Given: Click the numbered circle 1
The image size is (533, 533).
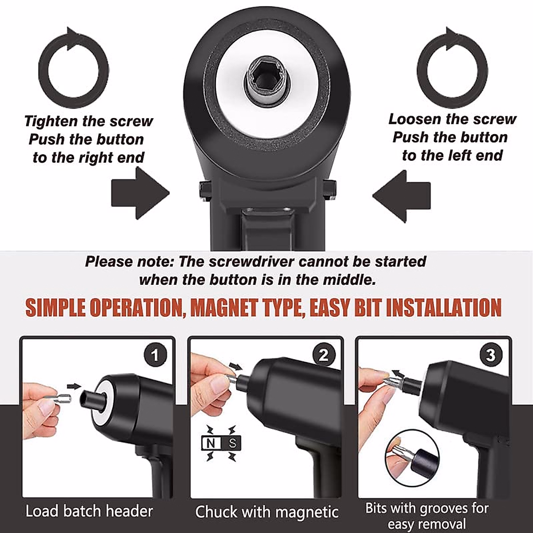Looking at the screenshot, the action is [155, 355].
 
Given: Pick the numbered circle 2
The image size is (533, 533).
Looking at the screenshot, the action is [324, 355].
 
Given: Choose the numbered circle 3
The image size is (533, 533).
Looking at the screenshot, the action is [491, 355].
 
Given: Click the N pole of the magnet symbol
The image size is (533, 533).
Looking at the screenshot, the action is [211, 443].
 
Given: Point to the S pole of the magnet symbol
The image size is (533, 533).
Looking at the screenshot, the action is [232, 443].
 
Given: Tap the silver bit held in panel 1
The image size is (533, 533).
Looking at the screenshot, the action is [60, 398].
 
